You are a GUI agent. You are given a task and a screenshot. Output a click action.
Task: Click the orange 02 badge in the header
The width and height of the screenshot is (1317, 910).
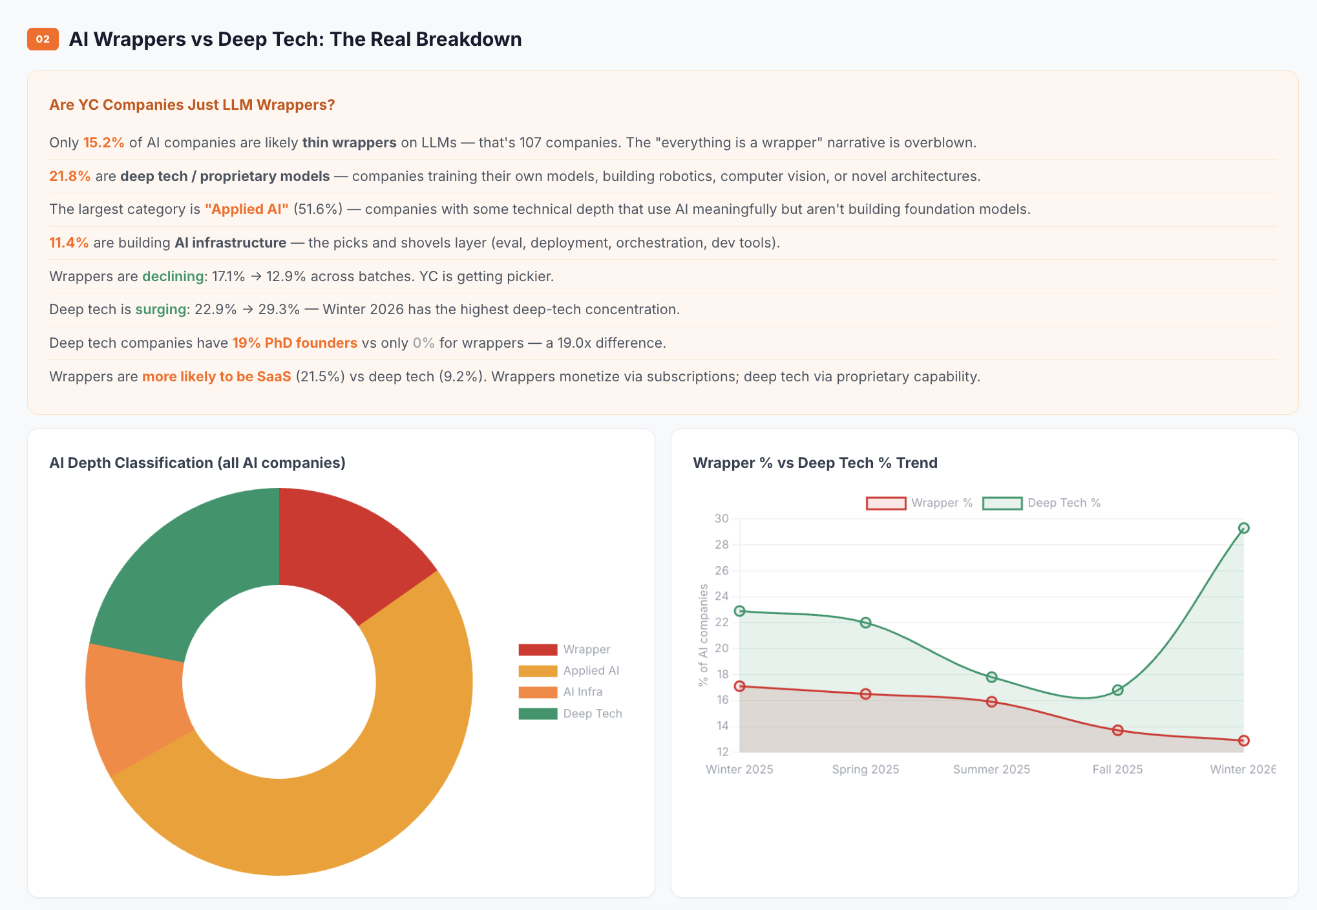tap(43, 39)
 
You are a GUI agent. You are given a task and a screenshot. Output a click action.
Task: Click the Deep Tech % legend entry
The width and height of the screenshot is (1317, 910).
tap(1063, 503)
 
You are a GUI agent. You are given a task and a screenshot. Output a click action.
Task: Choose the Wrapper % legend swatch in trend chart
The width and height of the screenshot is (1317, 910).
tap(886, 503)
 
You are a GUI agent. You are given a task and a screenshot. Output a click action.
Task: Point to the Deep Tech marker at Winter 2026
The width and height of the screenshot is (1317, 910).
tap(1243, 528)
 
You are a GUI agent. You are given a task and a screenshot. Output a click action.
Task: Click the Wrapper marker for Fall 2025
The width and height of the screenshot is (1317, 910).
tap(1117, 730)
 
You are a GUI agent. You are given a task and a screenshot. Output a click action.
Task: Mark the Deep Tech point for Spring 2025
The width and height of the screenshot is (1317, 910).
tap(865, 622)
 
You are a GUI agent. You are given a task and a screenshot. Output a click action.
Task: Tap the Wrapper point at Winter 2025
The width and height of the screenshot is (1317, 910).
tap(740, 686)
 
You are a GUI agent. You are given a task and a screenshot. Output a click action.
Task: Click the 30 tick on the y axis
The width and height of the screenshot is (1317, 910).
tap(721, 518)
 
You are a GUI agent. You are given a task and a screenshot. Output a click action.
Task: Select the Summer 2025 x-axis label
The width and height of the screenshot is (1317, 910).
tap(991, 769)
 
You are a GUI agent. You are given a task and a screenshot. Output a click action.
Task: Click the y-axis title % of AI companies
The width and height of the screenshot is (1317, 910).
tap(703, 635)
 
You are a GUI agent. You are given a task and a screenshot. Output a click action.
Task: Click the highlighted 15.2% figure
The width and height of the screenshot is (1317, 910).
tap(103, 142)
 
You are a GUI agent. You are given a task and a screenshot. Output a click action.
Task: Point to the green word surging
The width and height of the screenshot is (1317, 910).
tap(161, 309)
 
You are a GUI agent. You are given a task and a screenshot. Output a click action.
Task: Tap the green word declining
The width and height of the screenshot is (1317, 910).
tap(173, 276)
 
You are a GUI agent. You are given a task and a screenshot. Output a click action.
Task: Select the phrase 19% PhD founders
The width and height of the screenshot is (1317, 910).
tap(295, 343)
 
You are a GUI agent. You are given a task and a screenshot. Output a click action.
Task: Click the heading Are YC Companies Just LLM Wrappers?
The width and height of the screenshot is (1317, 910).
tap(192, 105)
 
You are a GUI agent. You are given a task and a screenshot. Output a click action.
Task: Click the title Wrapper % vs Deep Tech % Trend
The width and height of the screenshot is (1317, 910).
tap(815, 463)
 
